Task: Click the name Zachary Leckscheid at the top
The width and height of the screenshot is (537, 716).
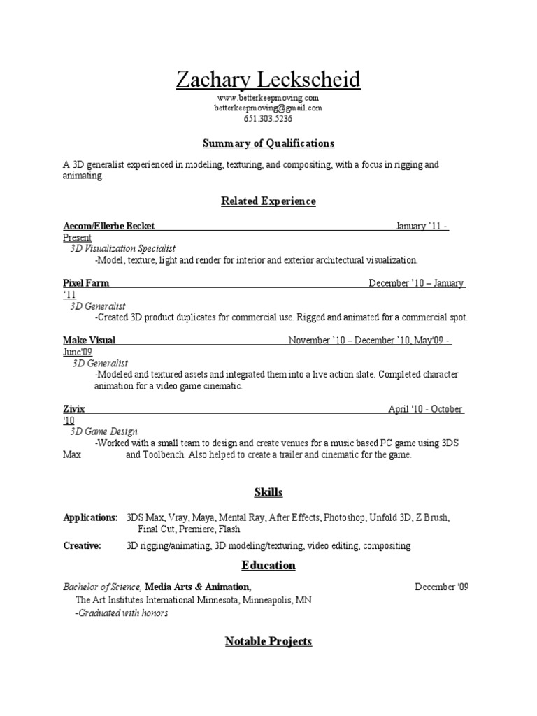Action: point(268,80)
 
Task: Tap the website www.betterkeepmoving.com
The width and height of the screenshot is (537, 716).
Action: point(268,98)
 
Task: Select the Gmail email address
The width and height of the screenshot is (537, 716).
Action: point(268,108)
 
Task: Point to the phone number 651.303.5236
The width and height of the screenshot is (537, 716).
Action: point(268,119)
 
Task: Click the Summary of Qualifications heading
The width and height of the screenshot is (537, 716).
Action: point(268,143)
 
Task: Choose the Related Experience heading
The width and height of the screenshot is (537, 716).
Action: point(268,201)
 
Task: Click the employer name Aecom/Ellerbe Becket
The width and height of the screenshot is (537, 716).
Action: point(108,226)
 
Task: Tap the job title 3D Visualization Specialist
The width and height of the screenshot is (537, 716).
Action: point(123,248)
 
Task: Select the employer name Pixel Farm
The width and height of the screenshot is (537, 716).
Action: point(86,283)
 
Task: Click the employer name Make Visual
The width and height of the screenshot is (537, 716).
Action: point(89,341)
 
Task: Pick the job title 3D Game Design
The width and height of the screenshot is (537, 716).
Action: point(104,431)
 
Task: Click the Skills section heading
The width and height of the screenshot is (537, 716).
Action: point(268,492)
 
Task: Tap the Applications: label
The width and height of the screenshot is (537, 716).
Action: point(90,518)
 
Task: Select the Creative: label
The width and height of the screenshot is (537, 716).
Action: point(82,545)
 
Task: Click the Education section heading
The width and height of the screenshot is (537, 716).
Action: point(268,565)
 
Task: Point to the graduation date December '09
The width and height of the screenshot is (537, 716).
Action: point(441,587)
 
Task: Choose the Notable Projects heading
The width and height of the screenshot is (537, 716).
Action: point(268,641)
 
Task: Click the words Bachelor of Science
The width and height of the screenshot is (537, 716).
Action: point(102,587)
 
